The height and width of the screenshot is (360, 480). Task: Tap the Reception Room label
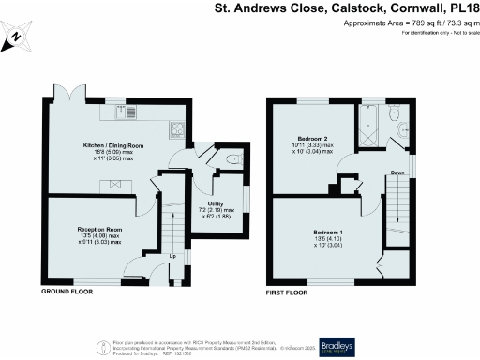(100, 229)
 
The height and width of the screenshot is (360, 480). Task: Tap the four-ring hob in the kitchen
(175, 128)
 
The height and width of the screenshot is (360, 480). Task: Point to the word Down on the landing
(397, 172)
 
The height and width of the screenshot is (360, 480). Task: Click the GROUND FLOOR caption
(67, 292)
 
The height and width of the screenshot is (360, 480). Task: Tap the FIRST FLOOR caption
(287, 292)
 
